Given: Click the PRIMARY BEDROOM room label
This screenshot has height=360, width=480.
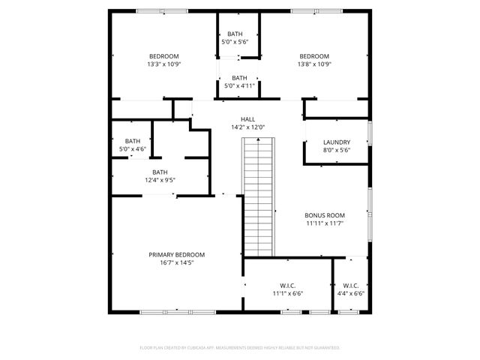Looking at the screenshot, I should point(176,255).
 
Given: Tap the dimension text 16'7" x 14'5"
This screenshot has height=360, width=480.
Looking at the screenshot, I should point(176,263).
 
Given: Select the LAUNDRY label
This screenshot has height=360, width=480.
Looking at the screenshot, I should point(337,142).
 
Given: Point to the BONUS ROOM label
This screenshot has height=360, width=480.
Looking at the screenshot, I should point(325,214).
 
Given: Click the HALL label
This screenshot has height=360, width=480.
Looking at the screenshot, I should point(247,119).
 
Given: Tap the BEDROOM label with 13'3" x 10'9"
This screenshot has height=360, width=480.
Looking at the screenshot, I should point(163,56).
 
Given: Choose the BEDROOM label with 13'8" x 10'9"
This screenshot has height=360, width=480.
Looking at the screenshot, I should point(314,56).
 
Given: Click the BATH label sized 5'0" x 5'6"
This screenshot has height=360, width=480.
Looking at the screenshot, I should point(235,34).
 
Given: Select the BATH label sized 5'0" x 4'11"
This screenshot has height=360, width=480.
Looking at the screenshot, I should point(239,78).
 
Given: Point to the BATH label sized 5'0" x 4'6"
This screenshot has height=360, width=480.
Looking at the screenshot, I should point(133,141).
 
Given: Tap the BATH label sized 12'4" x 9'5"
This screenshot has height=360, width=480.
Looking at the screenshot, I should point(160,172).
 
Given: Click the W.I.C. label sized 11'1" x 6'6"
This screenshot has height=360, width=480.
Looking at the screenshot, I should point(287,286).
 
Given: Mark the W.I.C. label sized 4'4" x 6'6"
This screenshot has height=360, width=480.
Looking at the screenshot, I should point(350,286).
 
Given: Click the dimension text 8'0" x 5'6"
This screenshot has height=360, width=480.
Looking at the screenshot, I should point(337,151).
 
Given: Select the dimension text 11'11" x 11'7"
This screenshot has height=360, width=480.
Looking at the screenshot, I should point(325,223).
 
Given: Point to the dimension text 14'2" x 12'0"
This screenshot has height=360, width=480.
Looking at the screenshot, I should point(247,127).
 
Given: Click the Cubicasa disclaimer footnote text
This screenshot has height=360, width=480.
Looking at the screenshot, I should point(240,348).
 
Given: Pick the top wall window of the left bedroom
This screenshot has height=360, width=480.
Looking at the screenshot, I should point(162,10).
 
